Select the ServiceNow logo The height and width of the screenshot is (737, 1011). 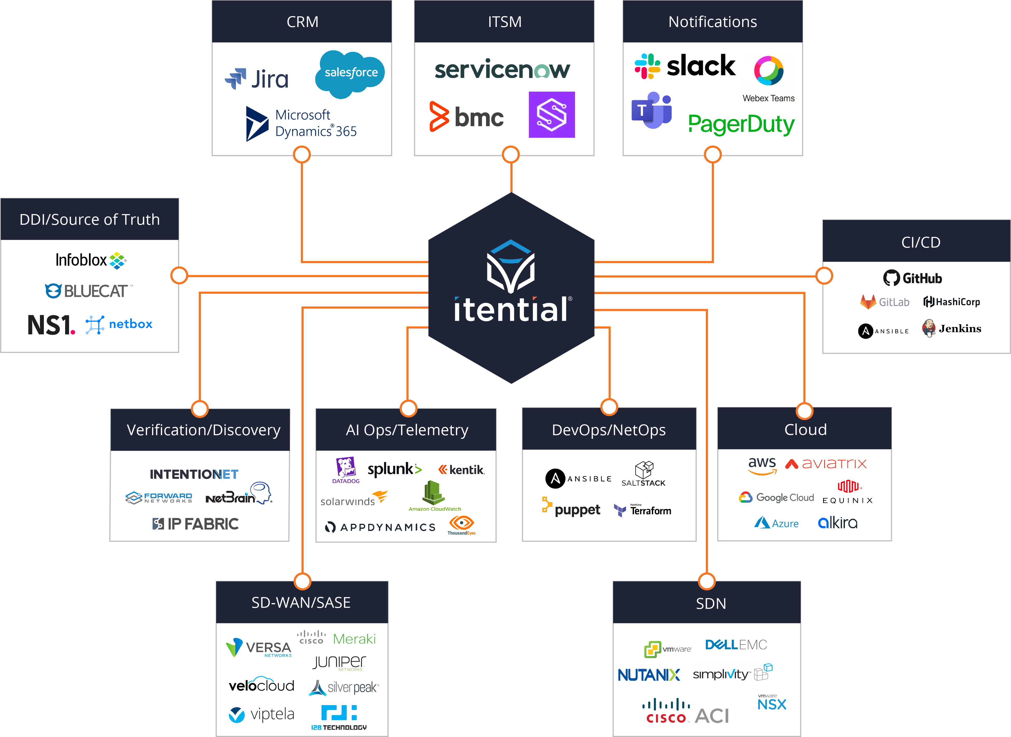[x=502, y=70]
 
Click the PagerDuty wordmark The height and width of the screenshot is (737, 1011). [x=741, y=124]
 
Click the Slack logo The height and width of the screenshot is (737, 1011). [x=685, y=66]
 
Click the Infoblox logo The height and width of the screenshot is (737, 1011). [x=91, y=260]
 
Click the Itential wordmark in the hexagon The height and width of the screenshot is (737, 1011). [x=511, y=310]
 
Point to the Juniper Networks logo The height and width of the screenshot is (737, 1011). [x=339, y=663]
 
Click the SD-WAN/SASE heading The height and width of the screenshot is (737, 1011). [x=301, y=603]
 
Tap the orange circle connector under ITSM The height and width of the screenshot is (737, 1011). [x=511, y=155]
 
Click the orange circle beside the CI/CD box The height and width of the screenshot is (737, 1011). [x=824, y=276]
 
